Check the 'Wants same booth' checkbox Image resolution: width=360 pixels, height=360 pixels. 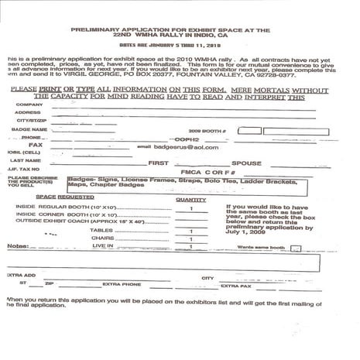(x=294, y=248)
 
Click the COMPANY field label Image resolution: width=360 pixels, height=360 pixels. (x=29, y=104)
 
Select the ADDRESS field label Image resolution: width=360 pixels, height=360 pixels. (x=27, y=112)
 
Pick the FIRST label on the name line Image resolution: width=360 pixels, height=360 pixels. (x=159, y=163)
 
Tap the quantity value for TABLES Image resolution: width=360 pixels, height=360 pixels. (x=190, y=231)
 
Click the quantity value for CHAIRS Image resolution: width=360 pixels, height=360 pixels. (x=190, y=238)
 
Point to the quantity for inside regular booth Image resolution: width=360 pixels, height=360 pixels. (x=190, y=208)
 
